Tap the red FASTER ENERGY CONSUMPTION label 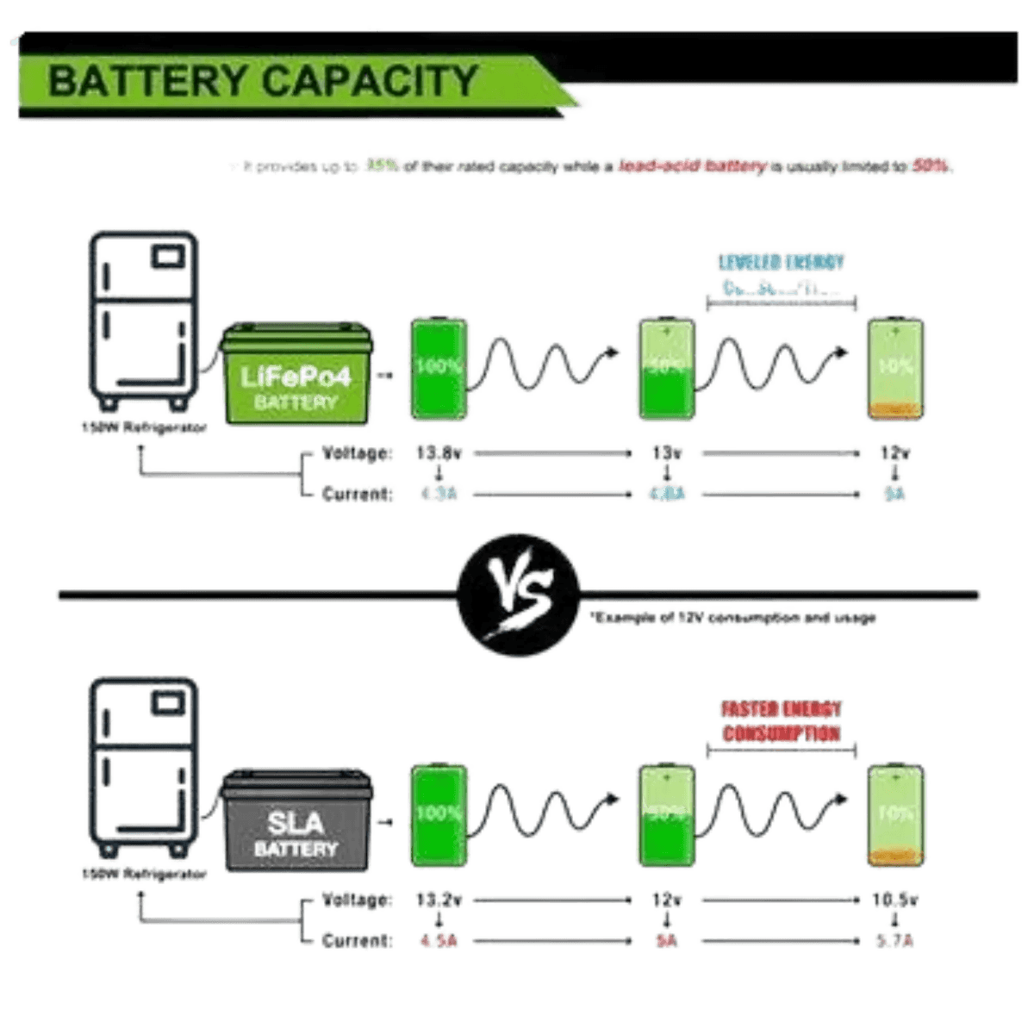[x=780, y=720]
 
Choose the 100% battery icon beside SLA [x=438, y=813]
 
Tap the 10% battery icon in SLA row [x=897, y=813]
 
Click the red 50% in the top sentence [x=932, y=167]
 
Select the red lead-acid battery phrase [x=689, y=167]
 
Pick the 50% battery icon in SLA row [x=665, y=813]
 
